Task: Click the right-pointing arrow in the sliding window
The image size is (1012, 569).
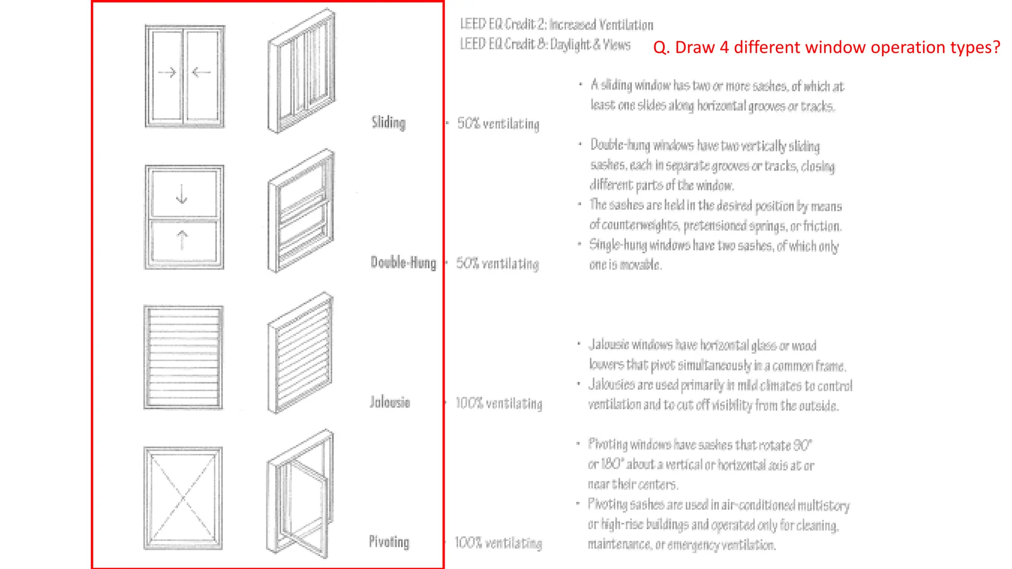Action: point(167,73)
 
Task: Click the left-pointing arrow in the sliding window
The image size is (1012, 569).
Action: point(201,73)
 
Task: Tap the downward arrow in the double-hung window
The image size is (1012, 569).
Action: point(182,194)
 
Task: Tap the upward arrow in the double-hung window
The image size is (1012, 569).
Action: point(182,240)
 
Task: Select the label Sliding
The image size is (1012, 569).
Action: point(388,122)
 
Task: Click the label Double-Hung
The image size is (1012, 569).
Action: point(403,262)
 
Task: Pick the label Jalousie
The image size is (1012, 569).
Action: point(390,402)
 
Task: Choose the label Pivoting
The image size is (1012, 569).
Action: point(389,542)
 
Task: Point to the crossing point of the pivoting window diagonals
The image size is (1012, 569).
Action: point(183,497)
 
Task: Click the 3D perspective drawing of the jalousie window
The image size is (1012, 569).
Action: point(300,353)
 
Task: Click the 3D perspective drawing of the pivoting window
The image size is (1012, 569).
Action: point(299,494)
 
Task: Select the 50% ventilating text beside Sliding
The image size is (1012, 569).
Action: point(498,123)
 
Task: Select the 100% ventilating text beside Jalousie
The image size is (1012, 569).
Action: point(499,404)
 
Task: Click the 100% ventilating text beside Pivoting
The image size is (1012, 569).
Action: point(498,543)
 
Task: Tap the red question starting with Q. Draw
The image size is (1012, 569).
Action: point(826,47)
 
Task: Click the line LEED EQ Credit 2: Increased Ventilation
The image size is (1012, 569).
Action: point(556,24)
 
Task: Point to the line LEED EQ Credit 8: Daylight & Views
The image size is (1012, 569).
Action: point(545,44)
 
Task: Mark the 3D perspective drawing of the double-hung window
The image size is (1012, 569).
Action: point(300,211)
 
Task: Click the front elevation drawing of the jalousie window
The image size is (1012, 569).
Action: point(183,357)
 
